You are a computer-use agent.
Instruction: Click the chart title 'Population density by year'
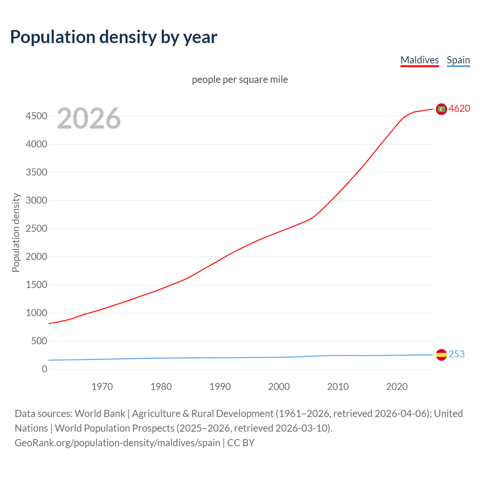114,37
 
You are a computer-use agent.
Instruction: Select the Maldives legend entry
420,60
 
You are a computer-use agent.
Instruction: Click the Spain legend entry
458,60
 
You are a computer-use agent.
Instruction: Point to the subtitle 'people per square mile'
240,79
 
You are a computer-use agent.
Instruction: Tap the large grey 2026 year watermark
89,118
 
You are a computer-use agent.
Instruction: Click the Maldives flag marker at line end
441,109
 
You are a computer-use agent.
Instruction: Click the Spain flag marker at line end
441,354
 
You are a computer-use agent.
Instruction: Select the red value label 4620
459,108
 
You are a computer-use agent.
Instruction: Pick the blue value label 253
457,354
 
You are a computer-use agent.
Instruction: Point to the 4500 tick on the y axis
36,116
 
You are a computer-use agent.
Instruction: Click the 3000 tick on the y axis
36,200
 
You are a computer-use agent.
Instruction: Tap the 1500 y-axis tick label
36,285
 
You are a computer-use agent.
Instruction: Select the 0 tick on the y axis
45,369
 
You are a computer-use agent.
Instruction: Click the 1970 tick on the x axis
102,387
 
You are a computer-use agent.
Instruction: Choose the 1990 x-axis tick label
220,387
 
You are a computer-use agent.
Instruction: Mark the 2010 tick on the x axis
338,387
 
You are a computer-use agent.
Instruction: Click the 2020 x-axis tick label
397,387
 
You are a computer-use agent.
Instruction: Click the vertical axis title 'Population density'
16,232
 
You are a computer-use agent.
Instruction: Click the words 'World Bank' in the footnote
100,414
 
